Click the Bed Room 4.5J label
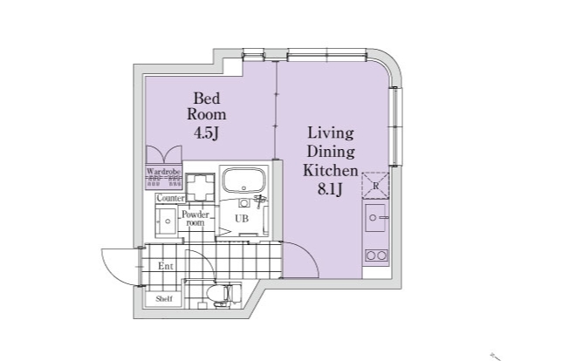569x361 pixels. click(206, 116)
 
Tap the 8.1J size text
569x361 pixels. click(330, 189)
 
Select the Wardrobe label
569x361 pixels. click(163, 172)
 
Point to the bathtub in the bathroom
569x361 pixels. click(243, 180)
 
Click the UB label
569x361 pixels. click(242, 219)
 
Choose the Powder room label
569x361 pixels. click(195, 218)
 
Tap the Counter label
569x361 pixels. click(170, 198)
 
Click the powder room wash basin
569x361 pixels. click(166, 221)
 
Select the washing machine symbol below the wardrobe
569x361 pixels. click(199, 187)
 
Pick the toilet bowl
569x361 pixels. click(219, 292)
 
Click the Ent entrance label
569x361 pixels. click(166, 267)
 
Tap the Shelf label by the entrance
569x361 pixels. click(164, 299)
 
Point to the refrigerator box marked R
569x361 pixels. click(375, 185)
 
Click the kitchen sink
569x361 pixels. click(375, 217)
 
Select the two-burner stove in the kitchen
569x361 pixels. click(376, 255)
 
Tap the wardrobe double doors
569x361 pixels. click(164, 154)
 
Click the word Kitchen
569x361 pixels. click(330, 171)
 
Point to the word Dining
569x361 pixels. click(331, 152)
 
